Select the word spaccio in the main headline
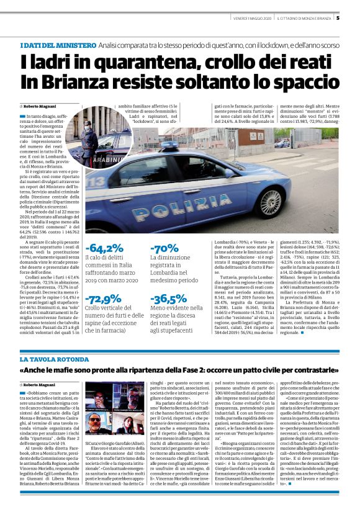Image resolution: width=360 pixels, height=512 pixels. [297, 81]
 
